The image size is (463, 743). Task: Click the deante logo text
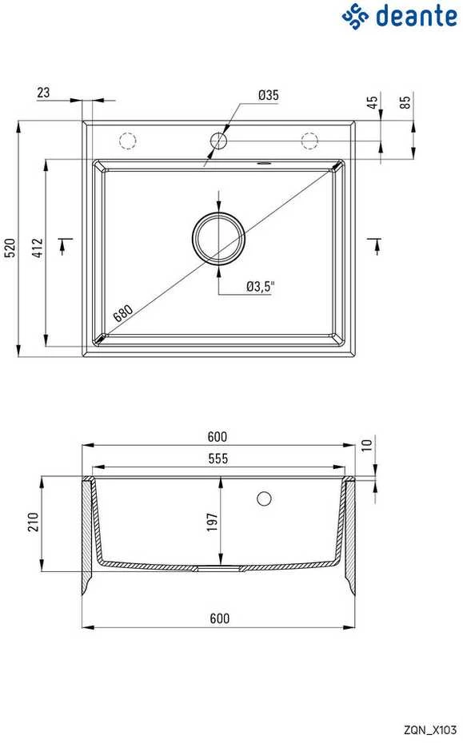click(416, 16)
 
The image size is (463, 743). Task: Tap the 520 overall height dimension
click(10, 248)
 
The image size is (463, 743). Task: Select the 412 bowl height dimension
click(37, 248)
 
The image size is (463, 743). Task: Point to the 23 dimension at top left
click(43, 92)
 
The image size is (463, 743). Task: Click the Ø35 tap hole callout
click(268, 95)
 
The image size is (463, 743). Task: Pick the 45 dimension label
click(373, 102)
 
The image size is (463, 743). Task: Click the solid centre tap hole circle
click(218, 141)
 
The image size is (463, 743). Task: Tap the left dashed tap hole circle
click(128, 141)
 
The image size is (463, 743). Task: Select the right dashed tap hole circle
click(309, 141)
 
